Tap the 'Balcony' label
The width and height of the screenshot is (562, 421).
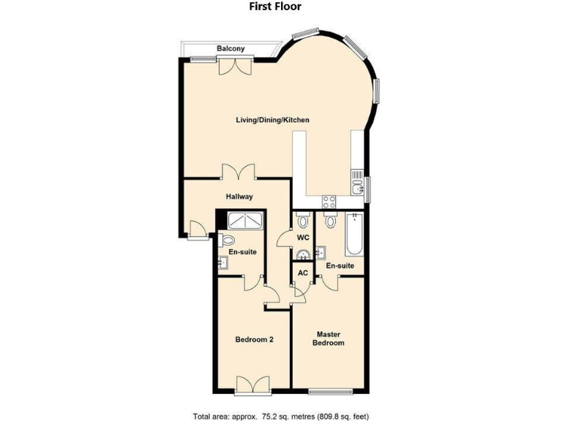[230, 49]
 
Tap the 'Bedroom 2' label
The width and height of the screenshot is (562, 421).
[254, 339]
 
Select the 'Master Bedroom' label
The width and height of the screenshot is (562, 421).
[328, 338]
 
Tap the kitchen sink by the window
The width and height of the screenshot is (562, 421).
[358, 189]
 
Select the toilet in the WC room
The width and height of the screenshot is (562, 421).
[302, 221]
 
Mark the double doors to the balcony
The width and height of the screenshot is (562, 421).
[236, 66]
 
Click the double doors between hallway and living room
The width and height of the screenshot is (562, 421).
[239, 172]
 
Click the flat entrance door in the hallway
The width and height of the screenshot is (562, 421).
[195, 230]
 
